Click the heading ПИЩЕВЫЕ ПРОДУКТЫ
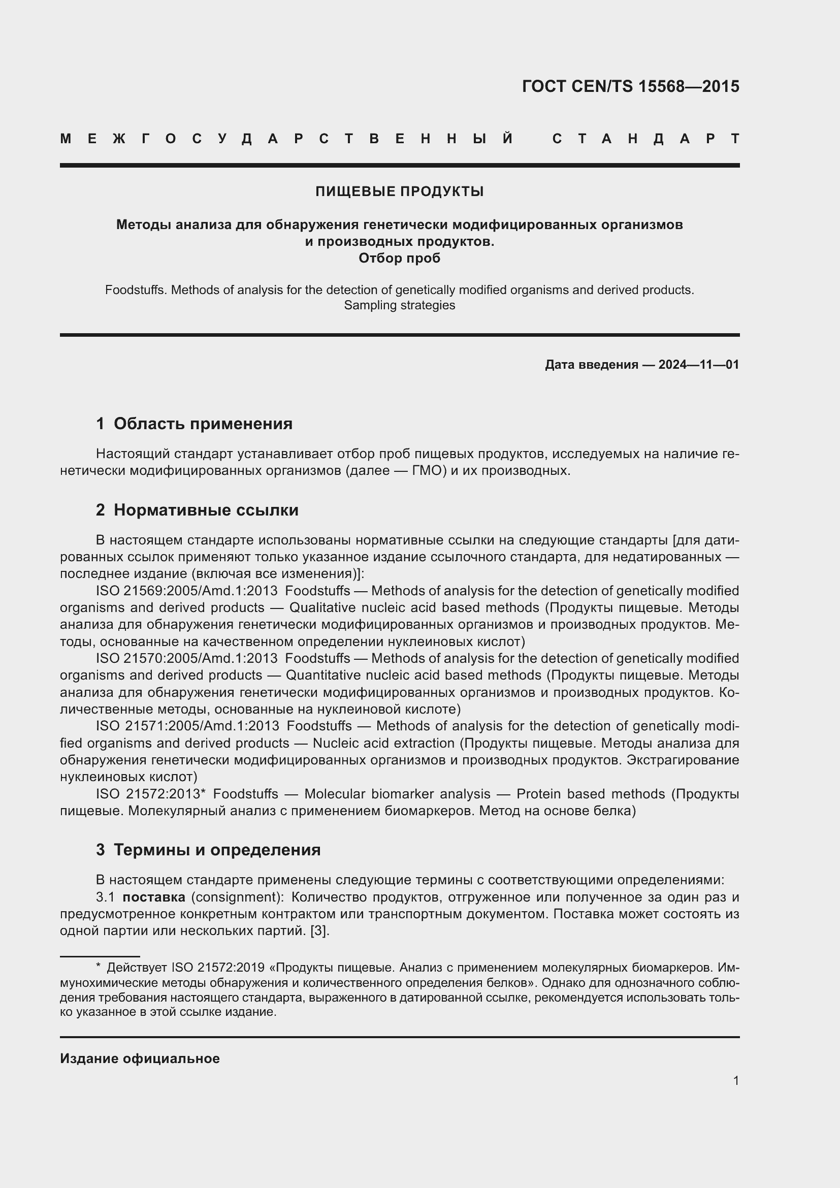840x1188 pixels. pyautogui.click(x=399, y=191)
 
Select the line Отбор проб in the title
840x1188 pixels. pyautogui.click(x=399, y=258)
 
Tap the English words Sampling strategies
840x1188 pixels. pyautogui.click(x=399, y=305)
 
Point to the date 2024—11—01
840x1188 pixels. pyautogui.click(x=698, y=365)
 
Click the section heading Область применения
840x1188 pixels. pyautogui.click(x=203, y=424)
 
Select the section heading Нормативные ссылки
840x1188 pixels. pyautogui.click(x=206, y=510)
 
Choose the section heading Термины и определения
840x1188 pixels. pyautogui.click(x=217, y=850)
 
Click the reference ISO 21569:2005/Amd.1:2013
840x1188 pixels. pyautogui.click(x=187, y=590)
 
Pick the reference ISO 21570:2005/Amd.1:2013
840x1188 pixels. pyautogui.click(x=187, y=658)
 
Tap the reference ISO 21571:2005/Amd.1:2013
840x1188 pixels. pyautogui.click(x=187, y=726)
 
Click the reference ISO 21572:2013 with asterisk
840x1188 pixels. pyautogui.click(x=150, y=794)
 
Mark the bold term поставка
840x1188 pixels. pyautogui.click(x=153, y=896)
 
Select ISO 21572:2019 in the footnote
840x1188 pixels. pyautogui.click(x=218, y=968)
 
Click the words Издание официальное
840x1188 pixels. pyautogui.click(x=140, y=1058)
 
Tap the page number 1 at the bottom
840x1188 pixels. pyautogui.click(x=735, y=1080)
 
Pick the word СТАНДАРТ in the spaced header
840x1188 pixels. pyautogui.click(x=645, y=139)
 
